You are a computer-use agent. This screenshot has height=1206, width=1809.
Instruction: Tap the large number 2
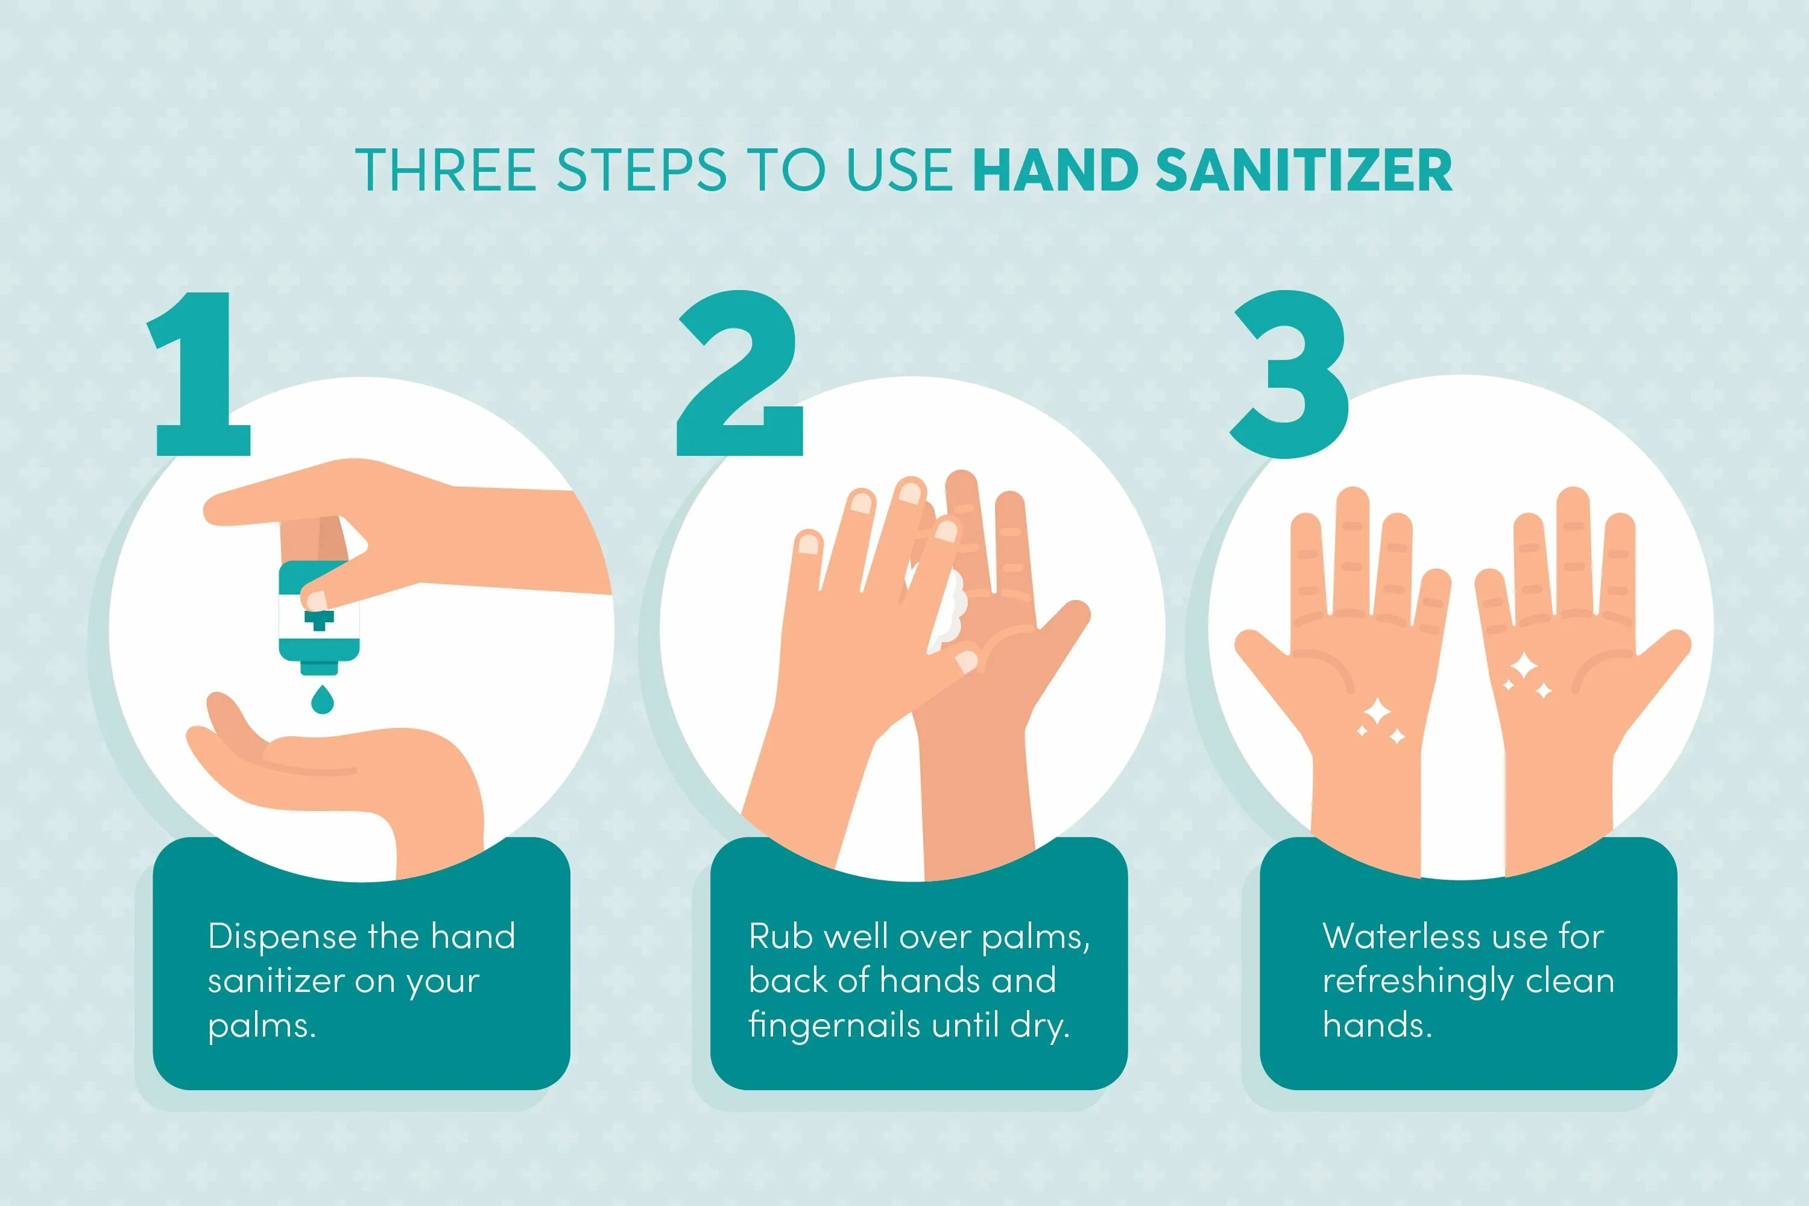pyautogui.click(x=740, y=373)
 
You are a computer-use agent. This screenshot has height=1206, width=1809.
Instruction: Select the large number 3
pyautogui.click(x=1290, y=374)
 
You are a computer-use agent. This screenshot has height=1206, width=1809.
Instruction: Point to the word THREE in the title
pyautogui.click(x=446, y=170)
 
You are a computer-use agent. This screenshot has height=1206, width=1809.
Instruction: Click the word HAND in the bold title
pyautogui.click(x=1056, y=170)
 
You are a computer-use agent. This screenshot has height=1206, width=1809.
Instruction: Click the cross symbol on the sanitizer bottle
pyautogui.click(x=319, y=620)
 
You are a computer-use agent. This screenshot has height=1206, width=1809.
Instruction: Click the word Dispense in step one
pyautogui.click(x=283, y=938)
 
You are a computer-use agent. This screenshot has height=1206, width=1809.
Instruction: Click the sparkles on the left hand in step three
pyautogui.click(x=1379, y=721)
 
